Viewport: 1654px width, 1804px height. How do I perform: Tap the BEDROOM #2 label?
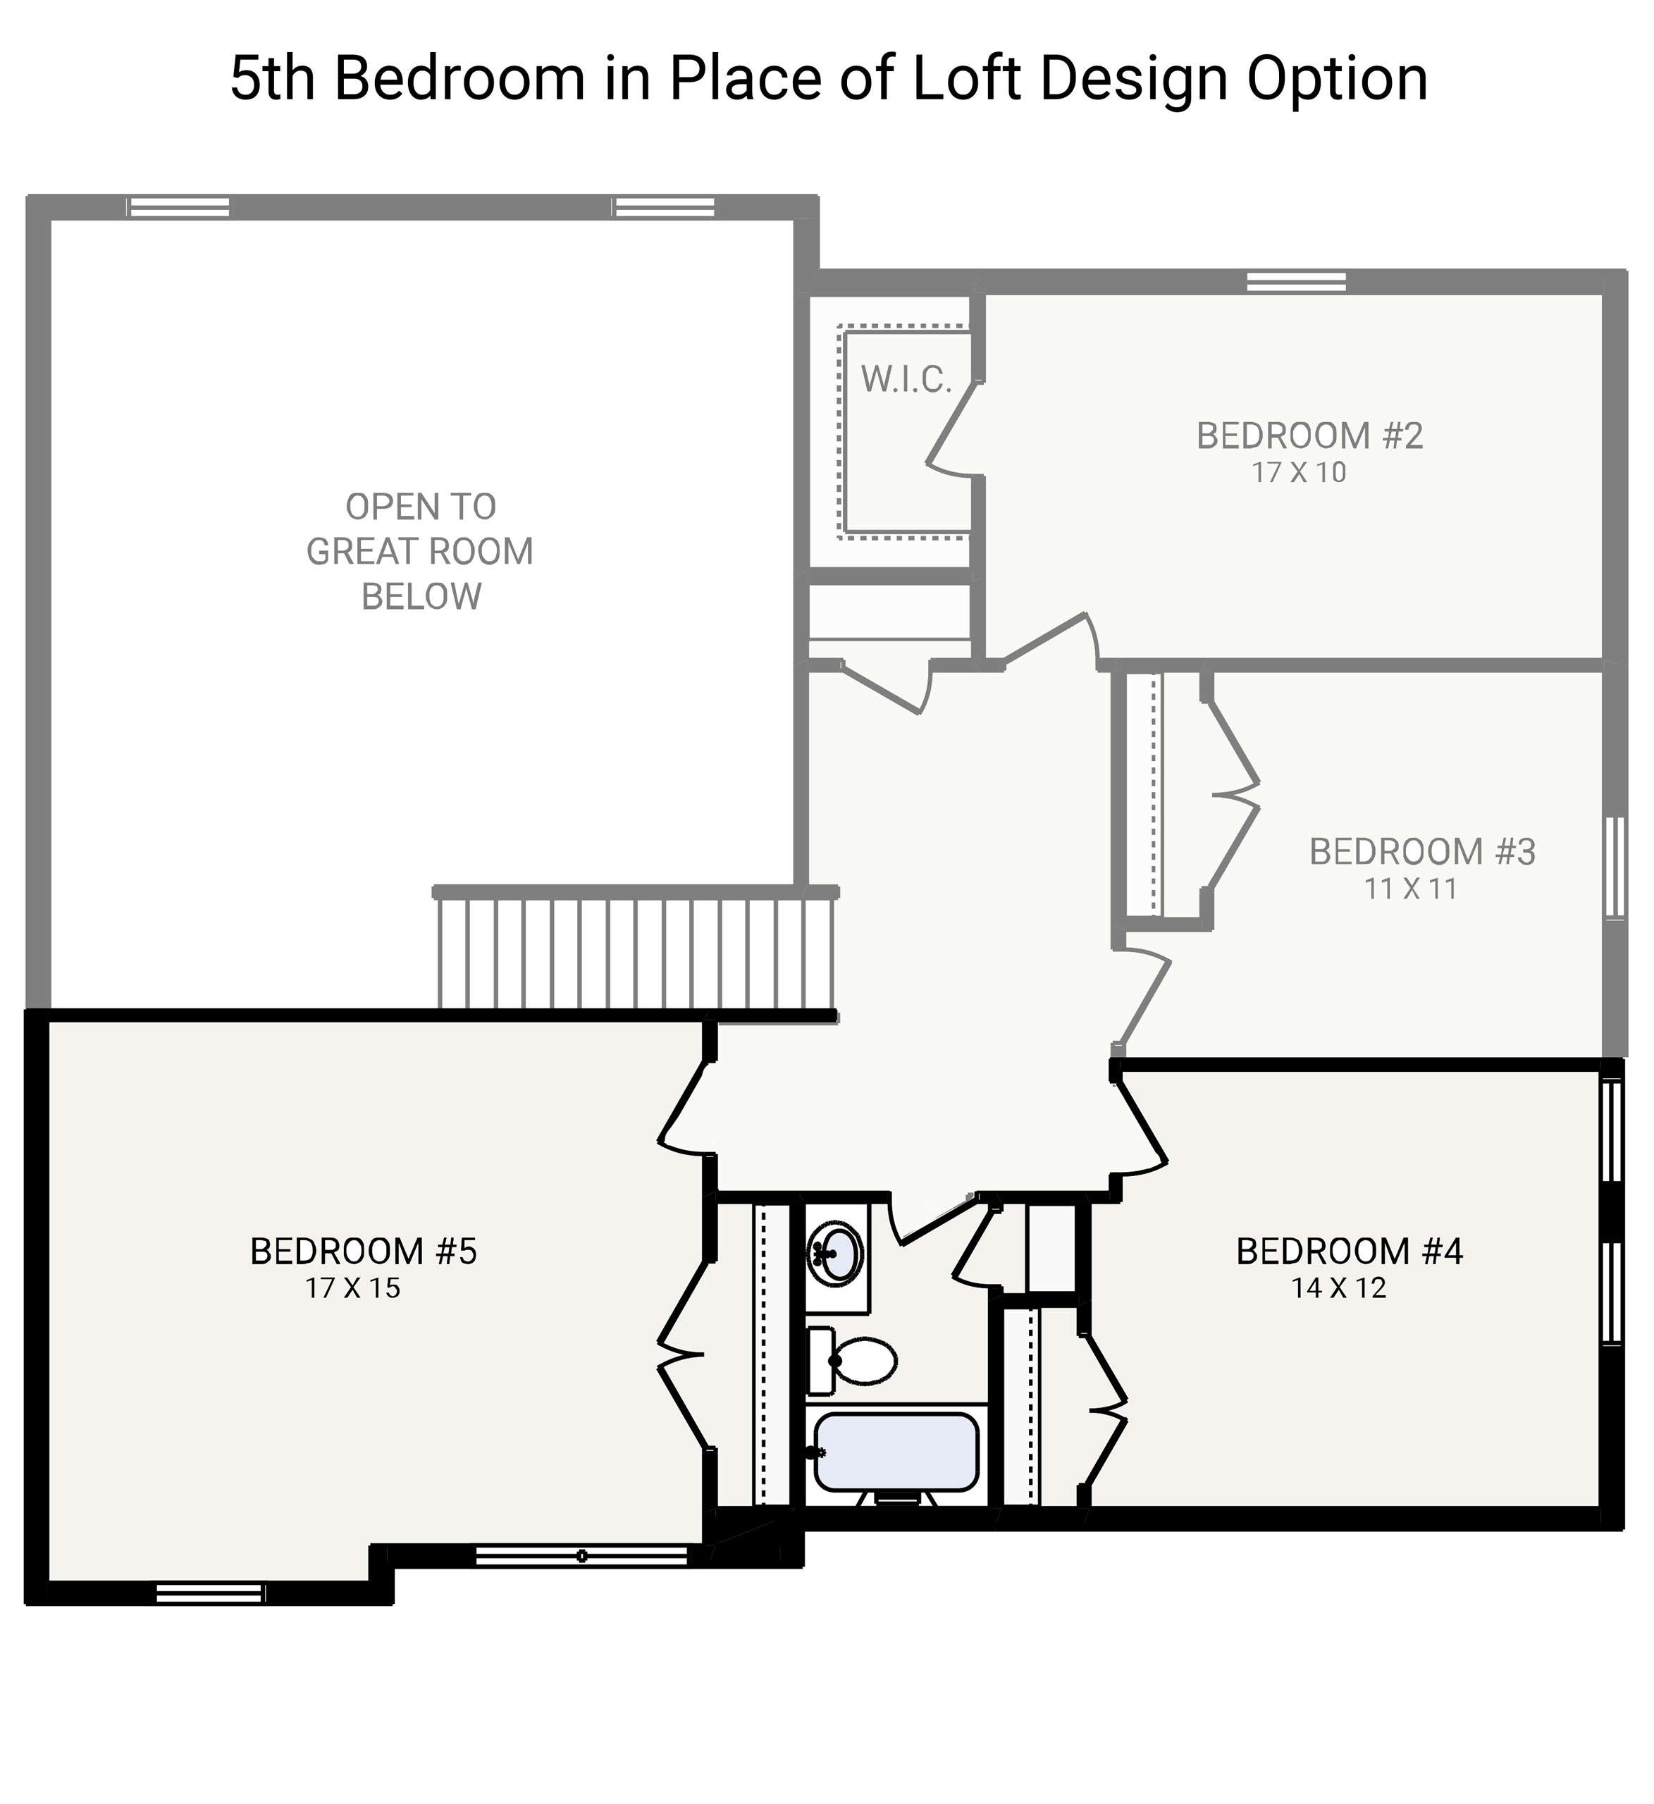coord(1309,435)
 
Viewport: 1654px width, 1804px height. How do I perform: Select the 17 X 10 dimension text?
coord(1299,472)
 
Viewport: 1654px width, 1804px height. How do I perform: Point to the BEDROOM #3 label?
coord(1422,852)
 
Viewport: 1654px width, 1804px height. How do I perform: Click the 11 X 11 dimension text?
coord(1411,889)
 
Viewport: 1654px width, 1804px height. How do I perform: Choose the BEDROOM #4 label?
coord(1349,1251)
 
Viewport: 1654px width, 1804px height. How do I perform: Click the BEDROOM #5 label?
coord(364,1251)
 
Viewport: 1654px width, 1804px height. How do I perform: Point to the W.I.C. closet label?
coord(906,379)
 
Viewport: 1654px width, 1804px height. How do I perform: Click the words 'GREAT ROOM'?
coord(420,551)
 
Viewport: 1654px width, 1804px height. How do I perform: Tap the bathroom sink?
coord(836,1253)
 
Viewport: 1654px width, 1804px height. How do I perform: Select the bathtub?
coord(895,1453)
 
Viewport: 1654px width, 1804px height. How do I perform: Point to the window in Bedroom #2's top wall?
coord(1296,282)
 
